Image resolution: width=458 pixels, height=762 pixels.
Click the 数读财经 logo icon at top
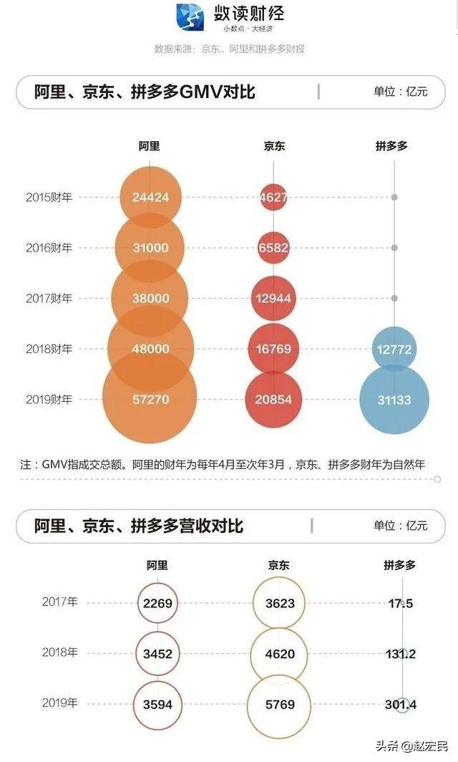pyautogui.click(x=190, y=18)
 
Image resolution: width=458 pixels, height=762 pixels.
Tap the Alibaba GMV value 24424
pyautogui.click(x=150, y=197)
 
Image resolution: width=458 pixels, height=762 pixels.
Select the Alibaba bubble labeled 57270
pyautogui.click(x=150, y=399)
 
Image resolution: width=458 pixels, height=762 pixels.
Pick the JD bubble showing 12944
pyautogui.click(x=273, y=298)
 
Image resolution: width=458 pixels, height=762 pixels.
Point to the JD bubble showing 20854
pyautogui.click(x=273, y=399)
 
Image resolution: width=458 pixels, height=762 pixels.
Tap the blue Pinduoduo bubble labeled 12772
pyautogui.click(x=394, y=349)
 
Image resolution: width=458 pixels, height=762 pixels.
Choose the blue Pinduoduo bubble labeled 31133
pyautogui.click(x=394, y=400)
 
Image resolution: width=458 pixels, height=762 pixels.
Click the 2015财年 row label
pyautogui.click(x=49, y=197)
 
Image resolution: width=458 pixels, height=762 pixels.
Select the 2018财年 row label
pyautogui.click(x=49, y=349)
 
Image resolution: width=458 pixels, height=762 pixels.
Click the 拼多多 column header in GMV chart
pyautogui.click(x=391, y=146)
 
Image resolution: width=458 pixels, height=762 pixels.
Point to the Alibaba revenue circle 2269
pyautogui.click(x=157, y=603)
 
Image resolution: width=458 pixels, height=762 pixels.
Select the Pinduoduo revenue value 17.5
pyautogui.click(x=399, y=603)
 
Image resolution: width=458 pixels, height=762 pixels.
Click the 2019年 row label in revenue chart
pyautogui.click(x=60, y=703)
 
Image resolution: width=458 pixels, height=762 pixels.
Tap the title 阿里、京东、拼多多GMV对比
pyautogui.click(x=145, y=92)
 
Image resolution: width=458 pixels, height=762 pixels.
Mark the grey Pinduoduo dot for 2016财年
pyautogui.click(x=394, y=248)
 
